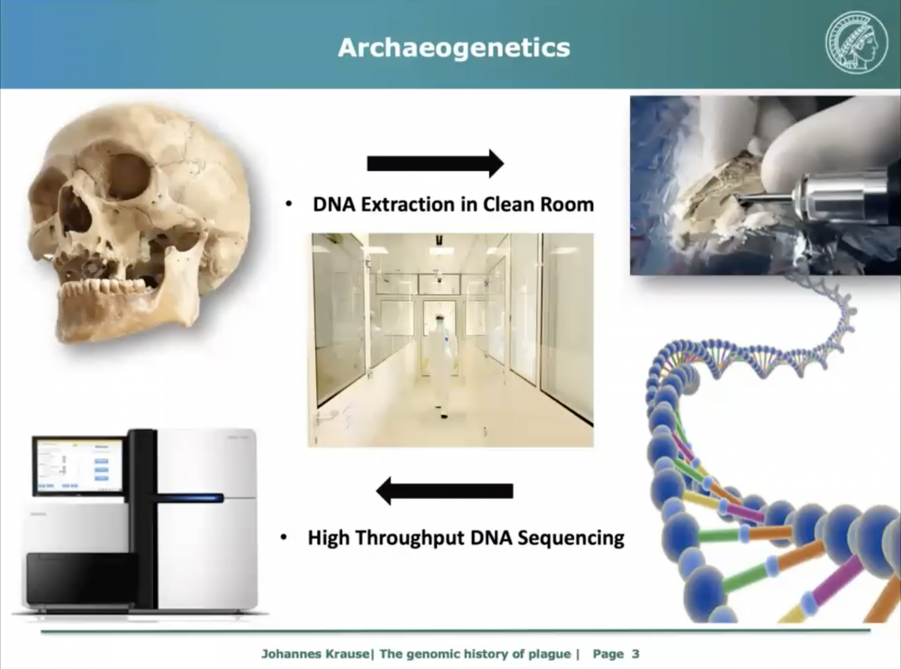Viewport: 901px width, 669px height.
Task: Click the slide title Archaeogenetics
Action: coord(454,48)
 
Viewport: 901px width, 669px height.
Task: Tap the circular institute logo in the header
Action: coord(856,44)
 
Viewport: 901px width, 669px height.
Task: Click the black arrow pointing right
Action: coord(435,164)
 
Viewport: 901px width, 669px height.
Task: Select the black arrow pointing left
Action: coord(445,491)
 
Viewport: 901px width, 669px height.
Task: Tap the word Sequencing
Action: coord(571,538)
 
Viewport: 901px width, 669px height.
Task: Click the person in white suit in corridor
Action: coord(441,363)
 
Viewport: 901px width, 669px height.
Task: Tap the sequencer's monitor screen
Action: coord(78,466)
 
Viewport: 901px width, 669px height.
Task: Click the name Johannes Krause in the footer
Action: coord(315,654)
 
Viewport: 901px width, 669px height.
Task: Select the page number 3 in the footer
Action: coord(635,654)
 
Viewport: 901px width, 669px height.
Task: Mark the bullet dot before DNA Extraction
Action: coord(289,204)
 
